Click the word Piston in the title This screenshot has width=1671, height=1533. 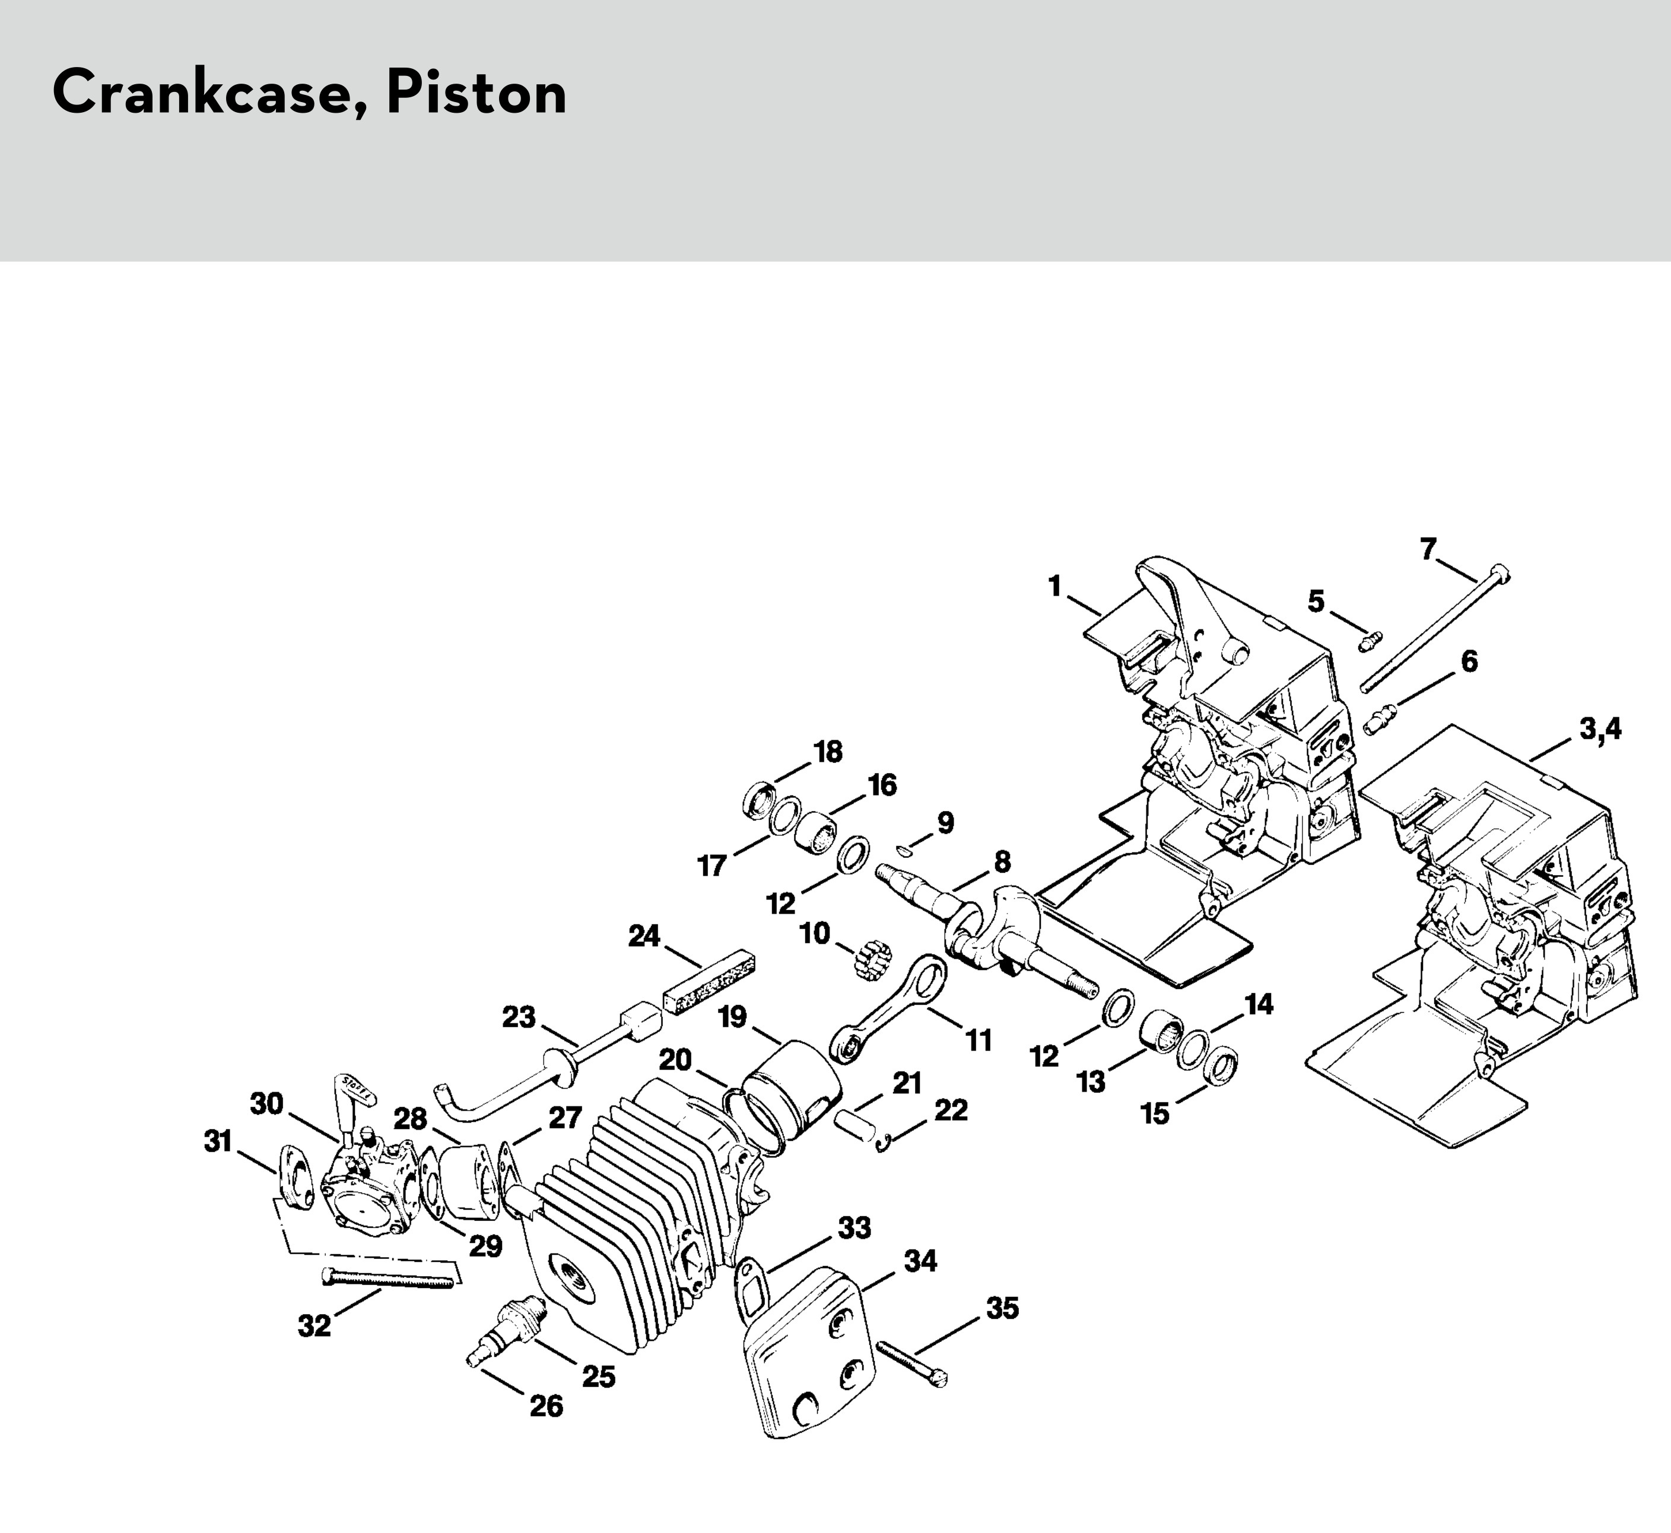(x=476, y=93)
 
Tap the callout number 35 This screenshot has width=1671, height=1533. (x=1002, y=1308)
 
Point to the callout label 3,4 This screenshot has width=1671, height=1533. (x=1600, y=729)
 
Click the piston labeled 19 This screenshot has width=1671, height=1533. (x=792, y=1091)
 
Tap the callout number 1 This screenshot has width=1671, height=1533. (x=1054, y=587)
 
